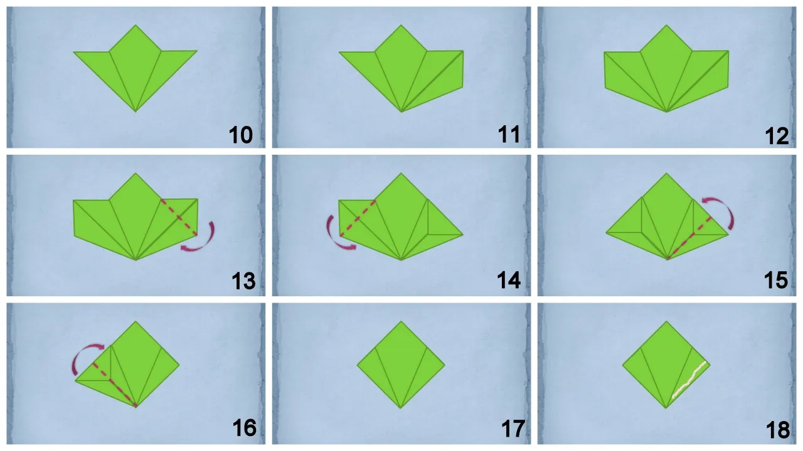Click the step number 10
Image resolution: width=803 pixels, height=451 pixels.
(240, 135)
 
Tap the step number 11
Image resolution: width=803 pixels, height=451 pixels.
(509, 135)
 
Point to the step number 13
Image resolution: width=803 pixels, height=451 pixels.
(243, 281)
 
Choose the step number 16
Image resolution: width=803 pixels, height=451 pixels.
(245, 428)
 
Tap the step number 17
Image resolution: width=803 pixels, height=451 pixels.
(513, 428)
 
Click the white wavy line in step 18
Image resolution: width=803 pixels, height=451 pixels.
(689, 380)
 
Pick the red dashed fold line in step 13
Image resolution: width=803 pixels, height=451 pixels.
(179, 217)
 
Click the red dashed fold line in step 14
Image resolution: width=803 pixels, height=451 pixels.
(358, 218)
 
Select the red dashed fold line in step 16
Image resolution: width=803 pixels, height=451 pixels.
(114, 385)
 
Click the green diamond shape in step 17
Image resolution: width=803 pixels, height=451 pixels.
(401, 365)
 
